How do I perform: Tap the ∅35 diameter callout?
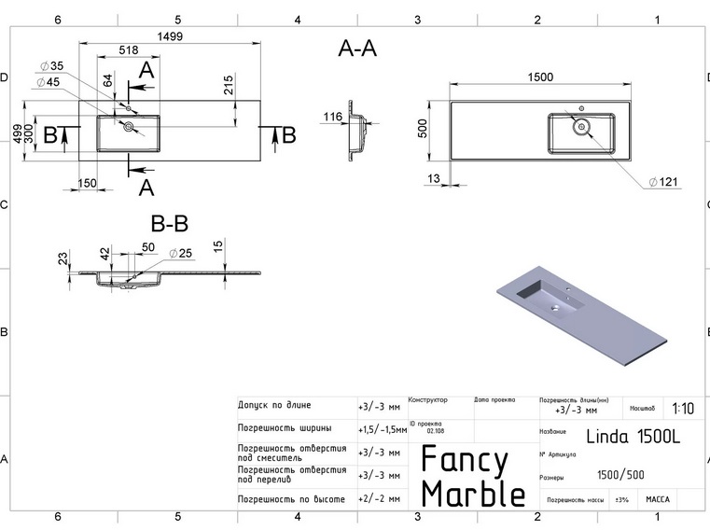tap(50, 66)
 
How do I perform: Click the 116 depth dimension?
tap(331, 118)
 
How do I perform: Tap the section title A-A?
tap(357, 50)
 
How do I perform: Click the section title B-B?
tap(170, 224)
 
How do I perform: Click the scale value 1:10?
tap(682, 409)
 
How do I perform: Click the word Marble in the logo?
tap(473, 492)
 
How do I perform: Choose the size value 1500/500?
tap(620, 476)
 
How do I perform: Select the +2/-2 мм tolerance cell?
tap(379, 499)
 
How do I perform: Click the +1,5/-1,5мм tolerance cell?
tap(381, 429)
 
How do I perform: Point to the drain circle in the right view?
tap(581, 125)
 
